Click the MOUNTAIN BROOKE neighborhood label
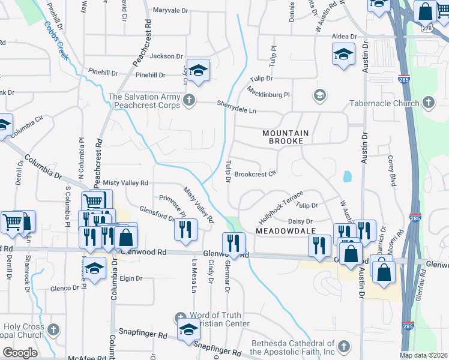285,137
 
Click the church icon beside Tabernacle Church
428,103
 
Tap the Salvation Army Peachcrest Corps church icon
189,99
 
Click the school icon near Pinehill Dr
198,71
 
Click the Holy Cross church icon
53,329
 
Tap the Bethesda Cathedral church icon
343,346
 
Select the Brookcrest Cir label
255,175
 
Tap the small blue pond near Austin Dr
346,176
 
